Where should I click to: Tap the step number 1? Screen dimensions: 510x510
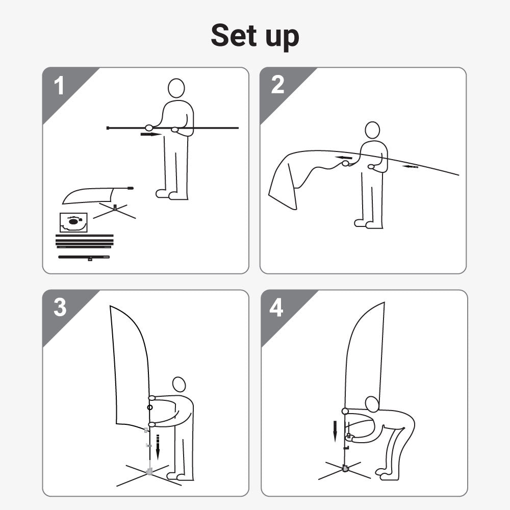pyautogui.click(x=59, y=86)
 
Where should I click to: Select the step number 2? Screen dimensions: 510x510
pyautogui.click(x=277, y=85)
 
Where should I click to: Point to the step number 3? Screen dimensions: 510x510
pyautogui.click(x=60, y=307)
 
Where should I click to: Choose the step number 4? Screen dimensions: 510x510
pyautogui.click(x=276, y=308)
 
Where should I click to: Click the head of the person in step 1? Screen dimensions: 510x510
pyautogui.click(x=176, y=88)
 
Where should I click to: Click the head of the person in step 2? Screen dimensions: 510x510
pyautogui.click(x=372, y=130)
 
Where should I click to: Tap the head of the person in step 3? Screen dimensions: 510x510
pyautogui.click(x=179, y=385)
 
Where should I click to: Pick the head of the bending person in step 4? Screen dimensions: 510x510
pyautogui.click(x=372, y=404)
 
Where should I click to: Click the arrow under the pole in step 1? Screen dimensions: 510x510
pyautogui.click(x=151, y=134)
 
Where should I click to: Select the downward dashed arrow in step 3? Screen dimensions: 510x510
pyautogui.click(x=158, y=447)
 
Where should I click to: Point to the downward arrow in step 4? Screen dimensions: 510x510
pyautogui.click(x=335, y=431)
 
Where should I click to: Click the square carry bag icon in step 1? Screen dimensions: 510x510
pyautogui.click(x=73, y=222)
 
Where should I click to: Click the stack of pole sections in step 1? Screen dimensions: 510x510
pyautogui.click(x=85, y=241)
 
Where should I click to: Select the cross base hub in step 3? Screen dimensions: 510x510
pyautogui.click(x=149, y=471)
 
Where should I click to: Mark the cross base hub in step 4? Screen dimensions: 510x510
pyautogui.click(x=345, y=469)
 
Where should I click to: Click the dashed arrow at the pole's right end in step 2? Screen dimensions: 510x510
pyautogui.click(x=410, y=167)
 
